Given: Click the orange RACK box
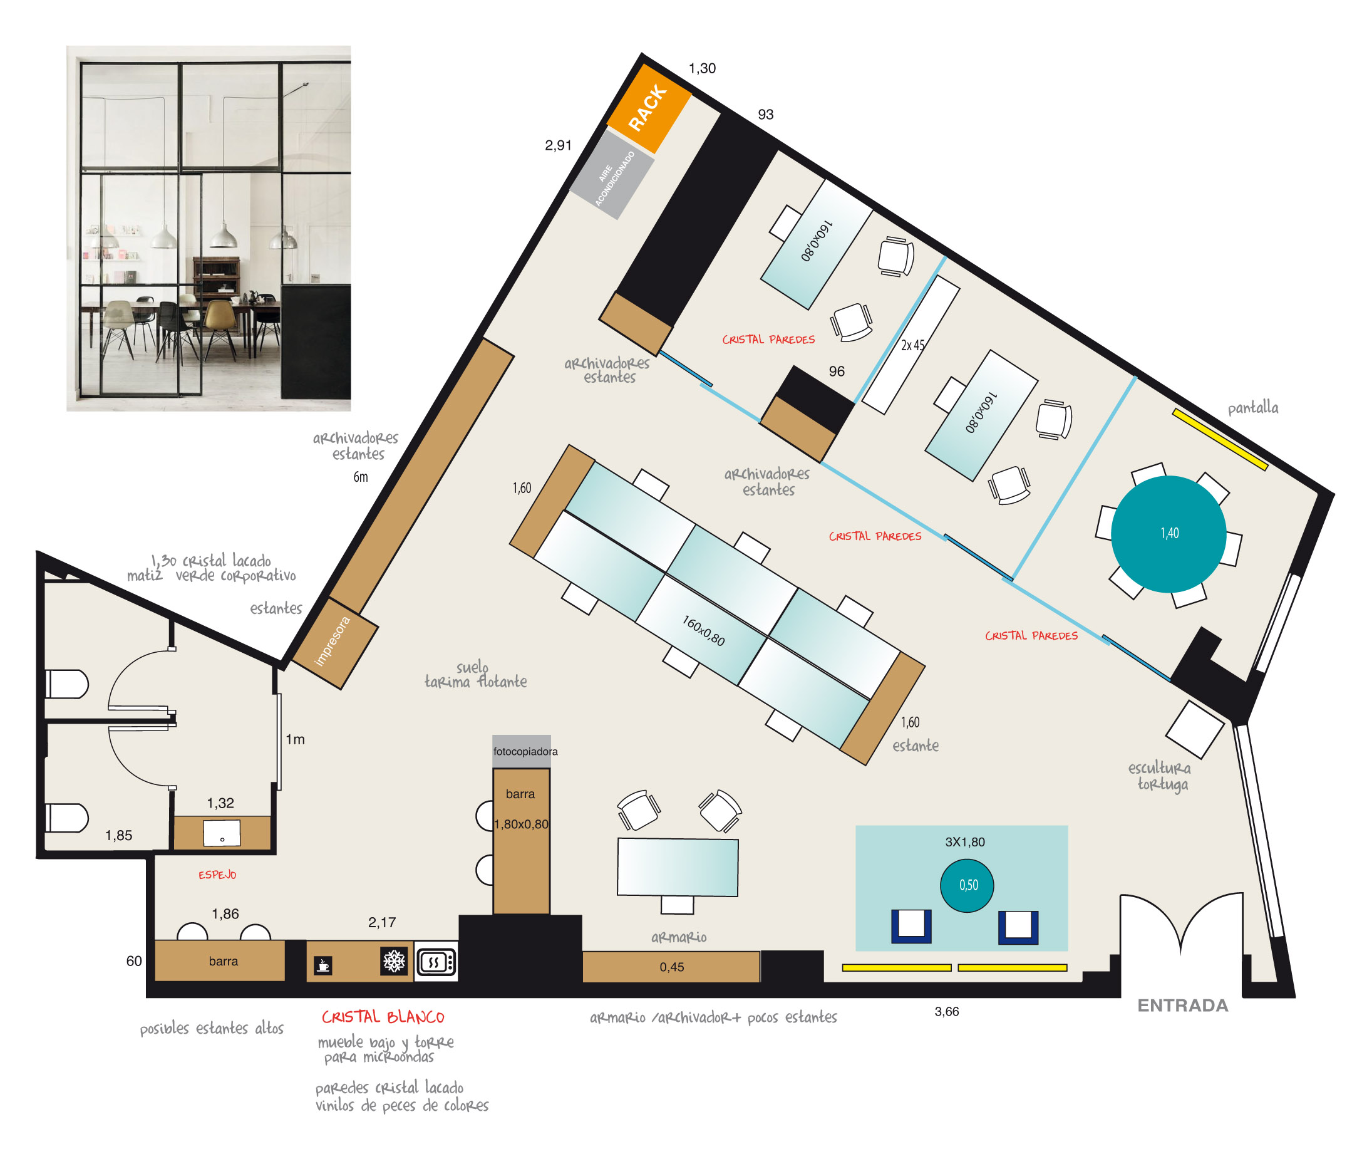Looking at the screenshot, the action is (649, 108).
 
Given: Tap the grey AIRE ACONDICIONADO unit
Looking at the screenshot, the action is (612, 174).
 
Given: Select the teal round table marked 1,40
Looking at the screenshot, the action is (1168, 534).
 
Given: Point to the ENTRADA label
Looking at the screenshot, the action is (1182, 1005).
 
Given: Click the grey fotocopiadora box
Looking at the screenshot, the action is (522, 751).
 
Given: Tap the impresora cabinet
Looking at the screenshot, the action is (334, 642).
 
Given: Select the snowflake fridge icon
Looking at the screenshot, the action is (394, 961).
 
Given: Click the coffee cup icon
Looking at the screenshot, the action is (324, 965).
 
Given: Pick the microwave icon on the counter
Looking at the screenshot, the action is (436, 961).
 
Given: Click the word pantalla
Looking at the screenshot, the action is (1253, 408).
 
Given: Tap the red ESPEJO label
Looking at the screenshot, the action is (217, 875).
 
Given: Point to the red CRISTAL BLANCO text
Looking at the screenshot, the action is (383, 1017).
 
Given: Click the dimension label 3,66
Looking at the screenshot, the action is (947, 1011).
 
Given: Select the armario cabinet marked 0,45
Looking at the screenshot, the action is (671, 967).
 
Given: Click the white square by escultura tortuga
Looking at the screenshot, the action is (1194, 729).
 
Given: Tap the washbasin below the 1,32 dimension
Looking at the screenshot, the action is (222, 833).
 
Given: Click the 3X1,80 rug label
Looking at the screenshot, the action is (965, 841).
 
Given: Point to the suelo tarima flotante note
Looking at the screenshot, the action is (476, 674).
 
